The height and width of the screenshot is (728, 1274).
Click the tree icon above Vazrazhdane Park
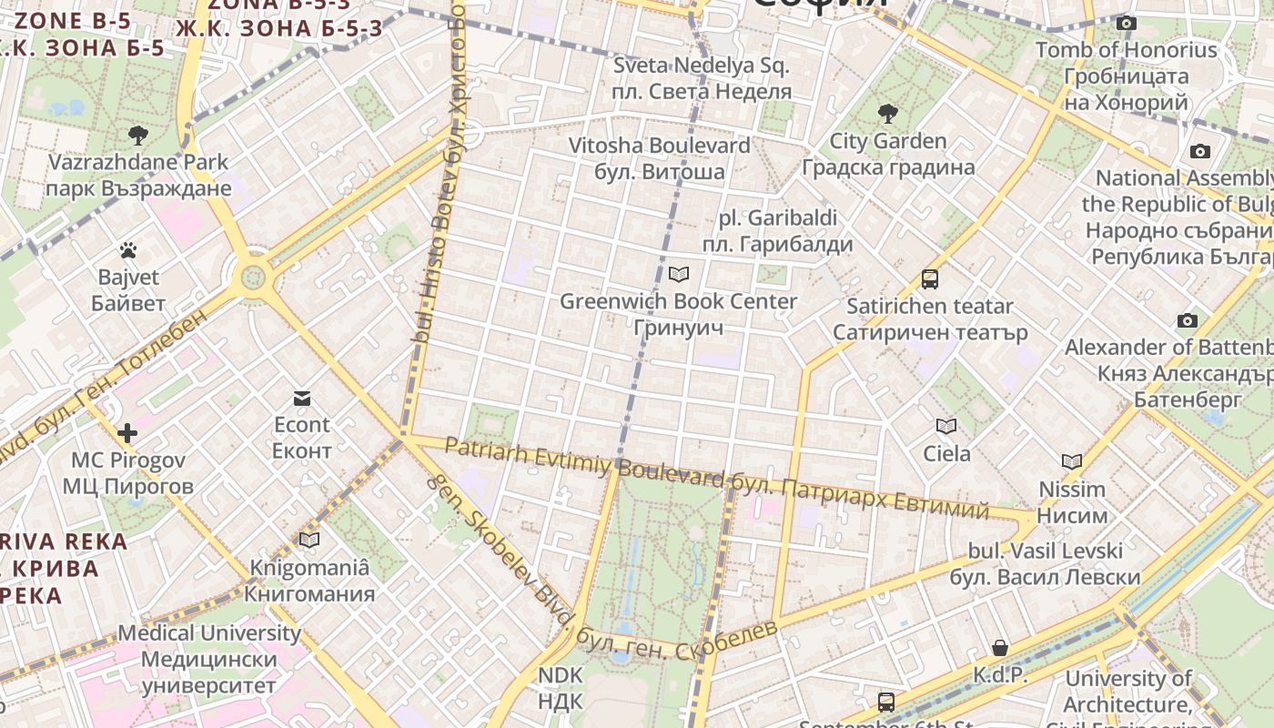point(138,136)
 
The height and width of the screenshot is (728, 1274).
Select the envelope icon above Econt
point(302,399)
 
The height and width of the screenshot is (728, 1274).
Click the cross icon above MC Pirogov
point(127,433)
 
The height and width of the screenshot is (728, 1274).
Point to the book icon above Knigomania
point(309,541)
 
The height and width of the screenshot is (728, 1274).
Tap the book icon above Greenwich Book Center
point(678,274)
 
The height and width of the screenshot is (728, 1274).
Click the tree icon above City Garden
point(887,114)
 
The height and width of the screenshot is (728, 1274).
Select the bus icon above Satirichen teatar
point(929,279)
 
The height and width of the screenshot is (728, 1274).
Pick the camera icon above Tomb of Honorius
point(1127,23)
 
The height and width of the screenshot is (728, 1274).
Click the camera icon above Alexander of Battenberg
point(1187,320)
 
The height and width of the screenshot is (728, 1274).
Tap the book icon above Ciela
point(946,426)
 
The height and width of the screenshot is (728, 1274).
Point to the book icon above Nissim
point(1072,462)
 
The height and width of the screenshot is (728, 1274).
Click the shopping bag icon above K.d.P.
point(1000,648)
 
